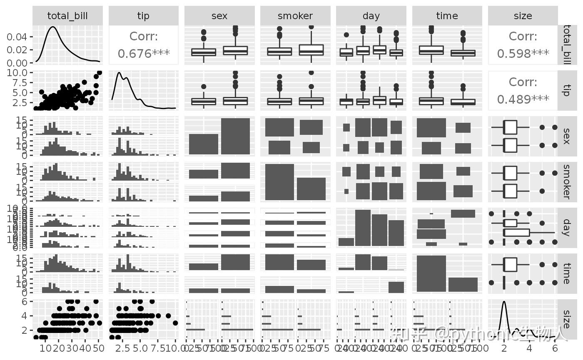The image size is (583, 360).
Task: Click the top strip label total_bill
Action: coord(67,16)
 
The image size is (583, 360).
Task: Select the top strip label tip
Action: coord(143,16)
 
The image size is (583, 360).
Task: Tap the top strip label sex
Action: coord(219,16)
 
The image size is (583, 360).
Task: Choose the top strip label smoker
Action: coord(295,16)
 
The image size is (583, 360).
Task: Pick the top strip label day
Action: coord(371,16)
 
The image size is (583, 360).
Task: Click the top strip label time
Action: coord(447,16)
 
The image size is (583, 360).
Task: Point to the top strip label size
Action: coord(523,16)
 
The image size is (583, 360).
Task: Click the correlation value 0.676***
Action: coord(143,54)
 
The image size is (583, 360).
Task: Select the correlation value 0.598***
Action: coord(523,54)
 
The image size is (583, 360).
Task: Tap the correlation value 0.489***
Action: coord(523,99)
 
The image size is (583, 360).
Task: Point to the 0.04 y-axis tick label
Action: coord(17,37)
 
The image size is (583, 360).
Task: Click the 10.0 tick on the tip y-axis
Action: coord(17,72)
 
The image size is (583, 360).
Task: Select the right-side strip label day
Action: coord(566,227)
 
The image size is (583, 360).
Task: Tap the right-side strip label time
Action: coord(566,273)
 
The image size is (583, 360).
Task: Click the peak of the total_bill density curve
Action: coord(53,27)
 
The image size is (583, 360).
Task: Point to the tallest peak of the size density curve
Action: coord(504,301)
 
